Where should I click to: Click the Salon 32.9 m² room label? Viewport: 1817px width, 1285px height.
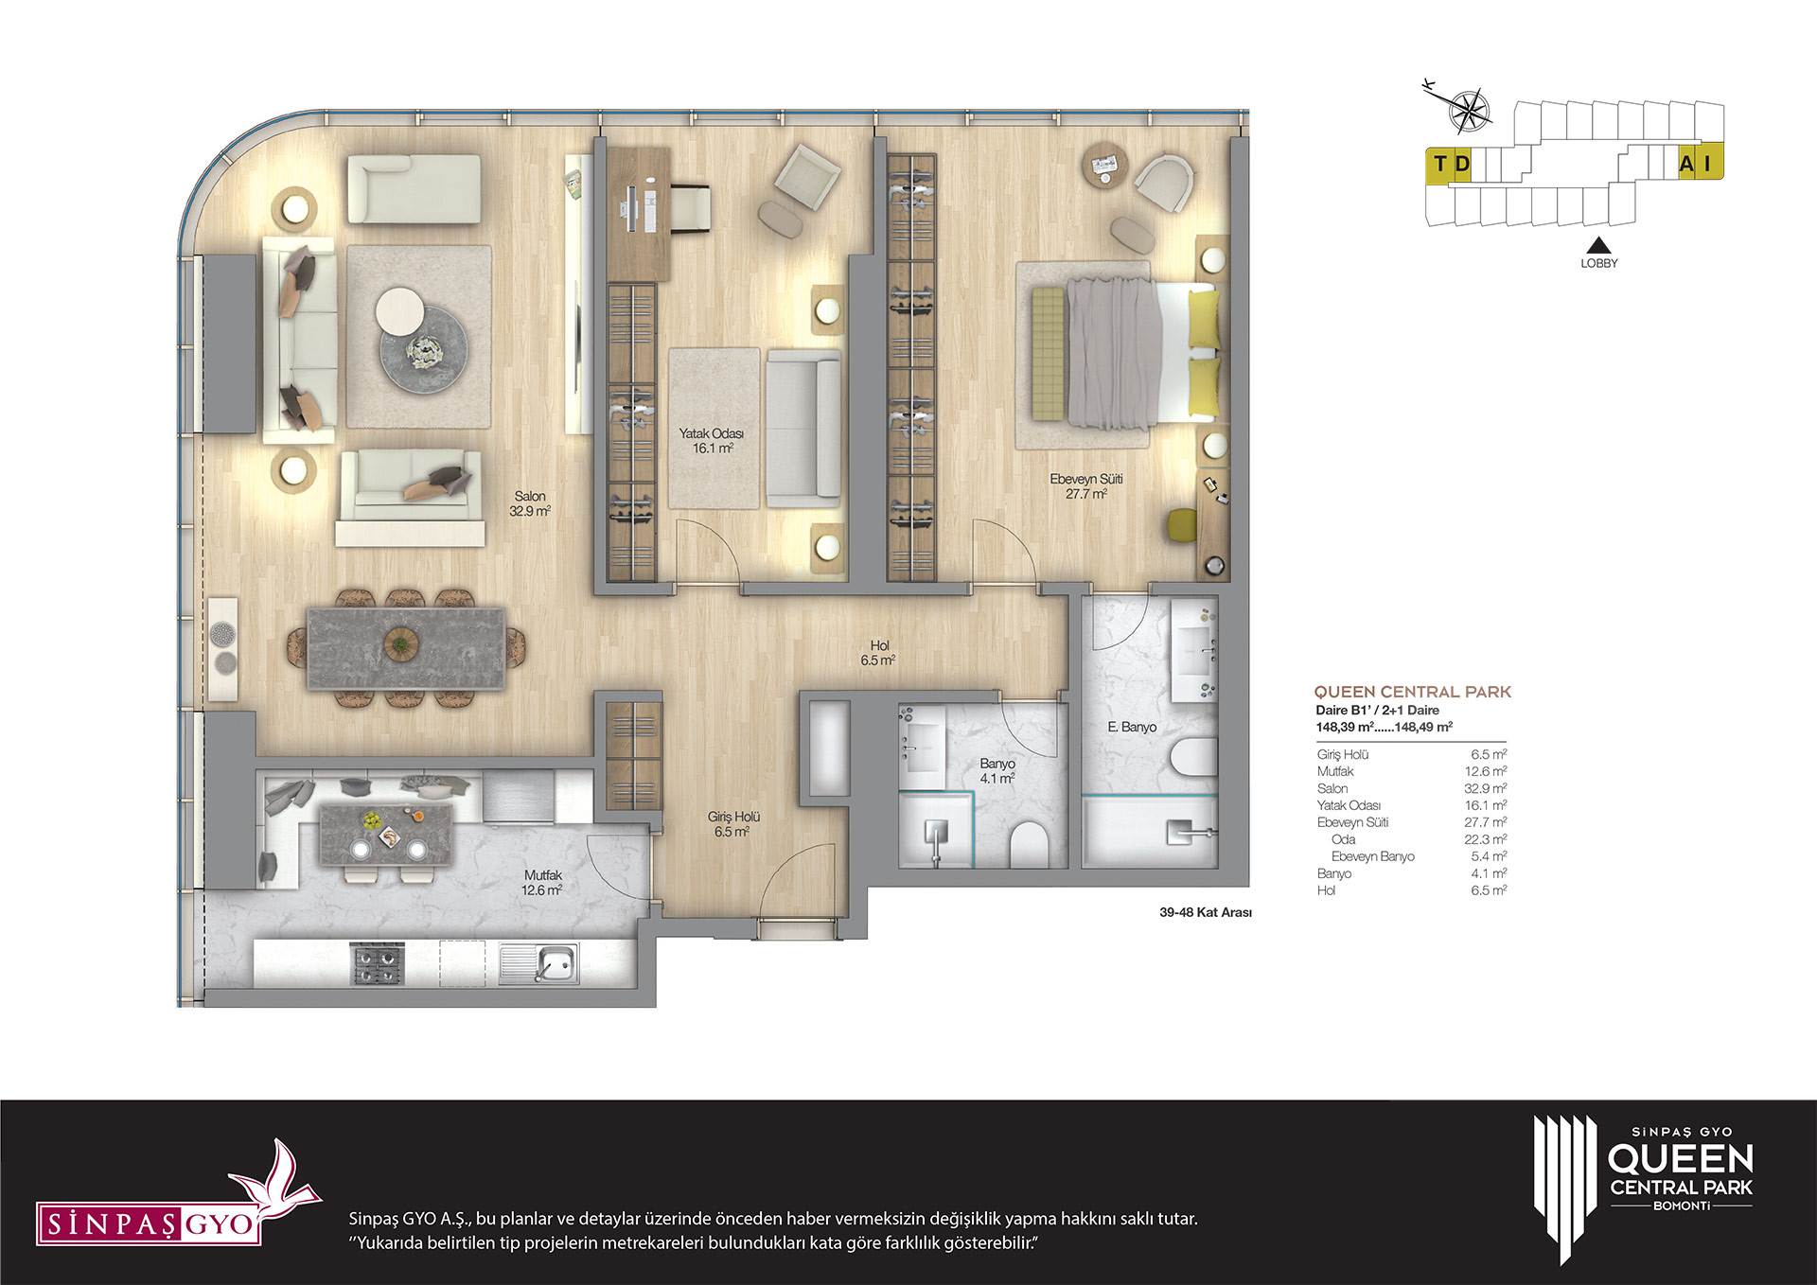coord(530,503)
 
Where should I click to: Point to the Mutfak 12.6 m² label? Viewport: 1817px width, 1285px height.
coord(542,883)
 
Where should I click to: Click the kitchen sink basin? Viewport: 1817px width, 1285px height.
coord(551,963)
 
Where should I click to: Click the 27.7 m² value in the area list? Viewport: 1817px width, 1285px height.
coord(1489,822)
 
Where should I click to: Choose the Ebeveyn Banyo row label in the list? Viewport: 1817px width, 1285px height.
coord(1372,856)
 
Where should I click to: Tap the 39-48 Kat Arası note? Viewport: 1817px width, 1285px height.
coord(1206,913)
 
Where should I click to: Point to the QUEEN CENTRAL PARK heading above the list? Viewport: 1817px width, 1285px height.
coord(1413,692)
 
